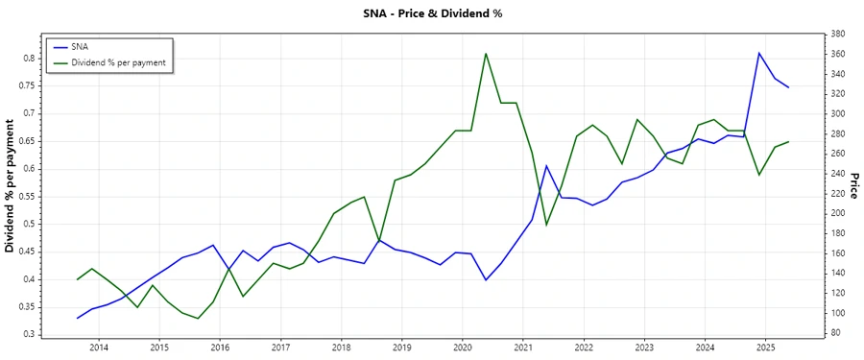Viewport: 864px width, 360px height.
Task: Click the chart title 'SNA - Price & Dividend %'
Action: click(431, 13)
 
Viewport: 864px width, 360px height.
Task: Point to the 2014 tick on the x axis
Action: click(99, 347)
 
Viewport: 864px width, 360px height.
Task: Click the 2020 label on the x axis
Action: click(463, 347)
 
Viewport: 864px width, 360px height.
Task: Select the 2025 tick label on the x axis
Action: click(765, 347)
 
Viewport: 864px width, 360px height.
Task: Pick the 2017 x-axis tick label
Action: click(280, 347)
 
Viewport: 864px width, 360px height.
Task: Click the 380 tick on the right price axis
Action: click(836, 34)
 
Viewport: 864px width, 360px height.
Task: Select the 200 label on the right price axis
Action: click(836, 213)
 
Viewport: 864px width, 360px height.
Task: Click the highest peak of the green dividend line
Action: click(486, 54)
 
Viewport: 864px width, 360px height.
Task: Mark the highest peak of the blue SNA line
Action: click(758, 53)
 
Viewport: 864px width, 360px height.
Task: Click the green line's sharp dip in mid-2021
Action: click(546, 225)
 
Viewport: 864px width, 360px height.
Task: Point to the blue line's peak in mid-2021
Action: click(546, 166)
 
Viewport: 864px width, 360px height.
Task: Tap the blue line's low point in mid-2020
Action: click(486, 279)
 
